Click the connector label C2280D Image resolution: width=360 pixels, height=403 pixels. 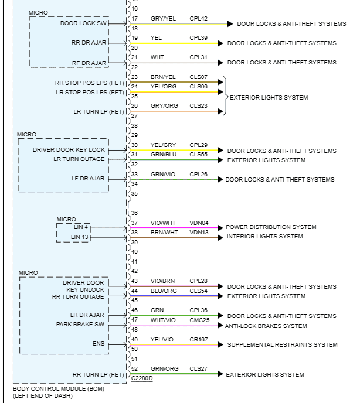click(142, 378)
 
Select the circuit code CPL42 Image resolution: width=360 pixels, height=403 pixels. click(198, 19)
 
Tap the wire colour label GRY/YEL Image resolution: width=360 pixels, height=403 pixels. click(163, 19)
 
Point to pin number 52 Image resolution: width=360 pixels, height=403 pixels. click(134, 368)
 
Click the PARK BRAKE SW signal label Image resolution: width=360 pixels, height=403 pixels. click(80, 325)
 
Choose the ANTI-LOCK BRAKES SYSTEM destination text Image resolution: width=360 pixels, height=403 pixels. click(266, 326)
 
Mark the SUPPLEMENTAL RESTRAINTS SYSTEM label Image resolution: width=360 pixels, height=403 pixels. click(282, 345)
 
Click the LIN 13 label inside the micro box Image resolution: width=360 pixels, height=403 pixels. click(80, 237)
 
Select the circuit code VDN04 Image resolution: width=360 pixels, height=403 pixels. click(199, 223)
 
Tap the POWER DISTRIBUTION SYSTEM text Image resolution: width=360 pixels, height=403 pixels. click(271, 227)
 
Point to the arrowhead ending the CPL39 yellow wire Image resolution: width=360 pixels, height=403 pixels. click(220, 43)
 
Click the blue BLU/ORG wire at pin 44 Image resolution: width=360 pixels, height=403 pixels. click(174, 296)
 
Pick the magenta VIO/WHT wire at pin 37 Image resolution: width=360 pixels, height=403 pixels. click(174, 228)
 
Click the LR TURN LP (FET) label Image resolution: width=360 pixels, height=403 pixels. click(99, 112)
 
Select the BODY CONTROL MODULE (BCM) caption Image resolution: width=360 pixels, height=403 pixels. click(59, 388)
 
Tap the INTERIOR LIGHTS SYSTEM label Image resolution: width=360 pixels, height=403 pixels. click(265, 237)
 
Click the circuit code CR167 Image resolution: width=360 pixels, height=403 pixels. click(198, 340)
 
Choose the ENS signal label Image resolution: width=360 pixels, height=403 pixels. click(99, 344)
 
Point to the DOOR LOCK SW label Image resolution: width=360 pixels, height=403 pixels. click(83, 23)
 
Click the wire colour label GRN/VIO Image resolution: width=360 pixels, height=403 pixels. click(163, 175)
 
